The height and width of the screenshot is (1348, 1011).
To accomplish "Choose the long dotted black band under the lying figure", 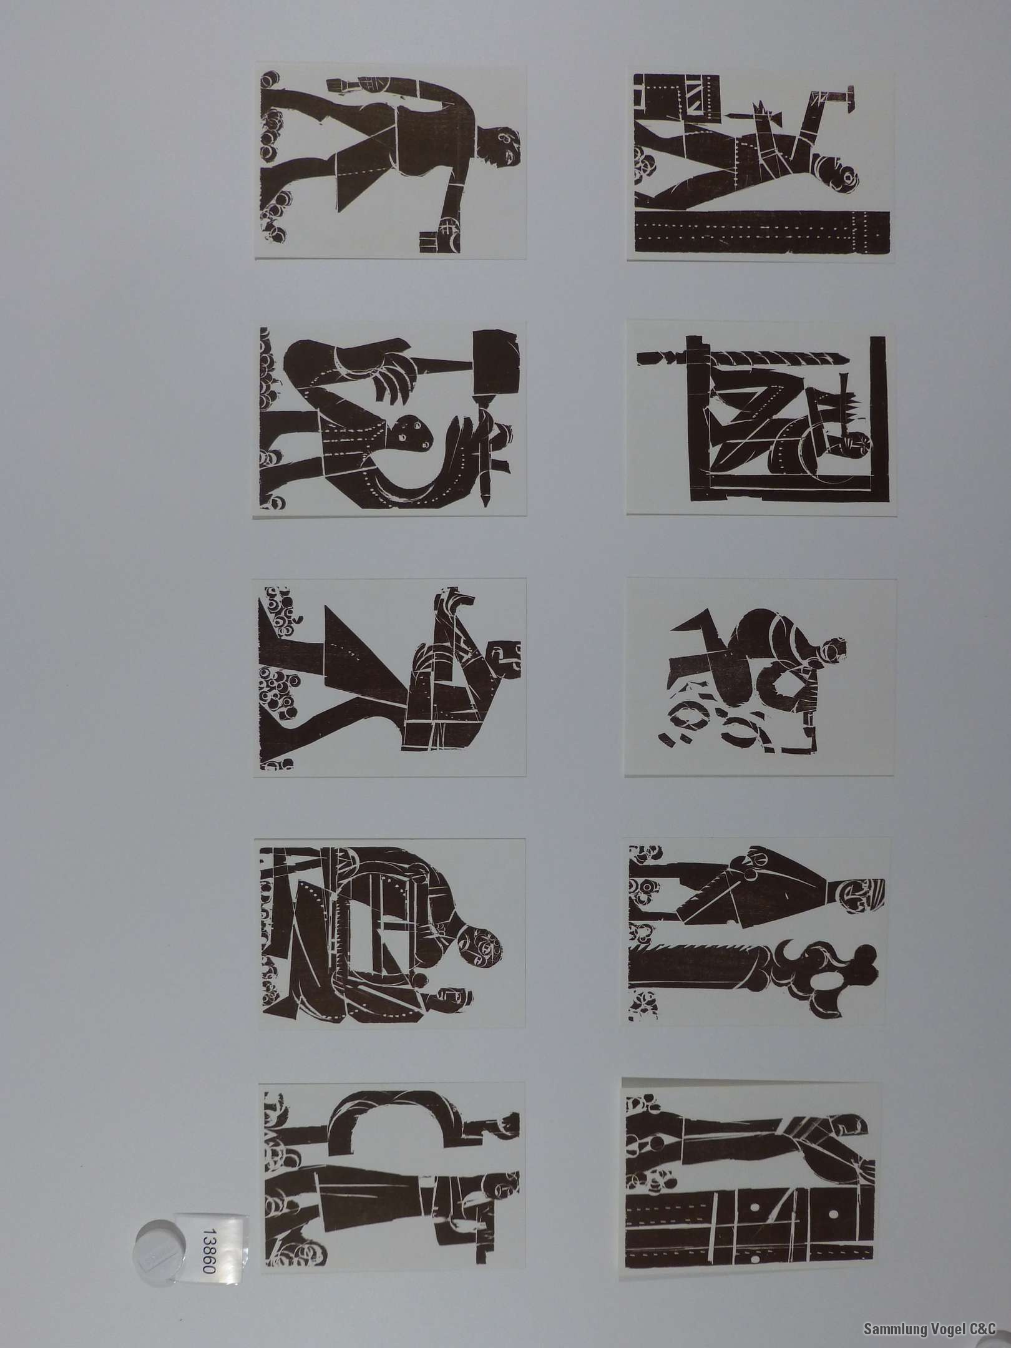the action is pos(761,231).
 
